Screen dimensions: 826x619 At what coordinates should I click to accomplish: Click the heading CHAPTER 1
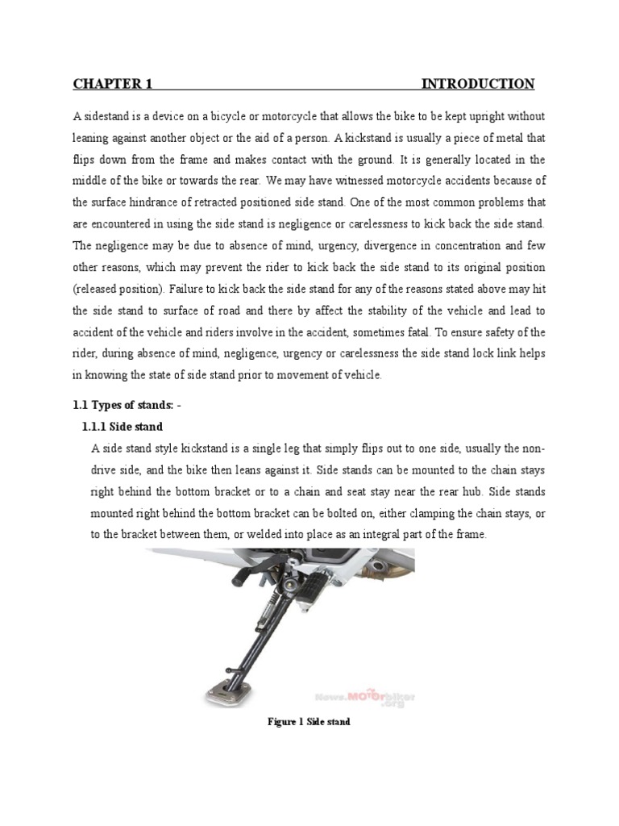coord(113,84)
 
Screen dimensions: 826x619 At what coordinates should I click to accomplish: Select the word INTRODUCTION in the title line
coord(477,84)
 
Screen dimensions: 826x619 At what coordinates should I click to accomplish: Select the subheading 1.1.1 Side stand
coord(123,426)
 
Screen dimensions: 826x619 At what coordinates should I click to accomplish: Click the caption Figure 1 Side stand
coord(309,722)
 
